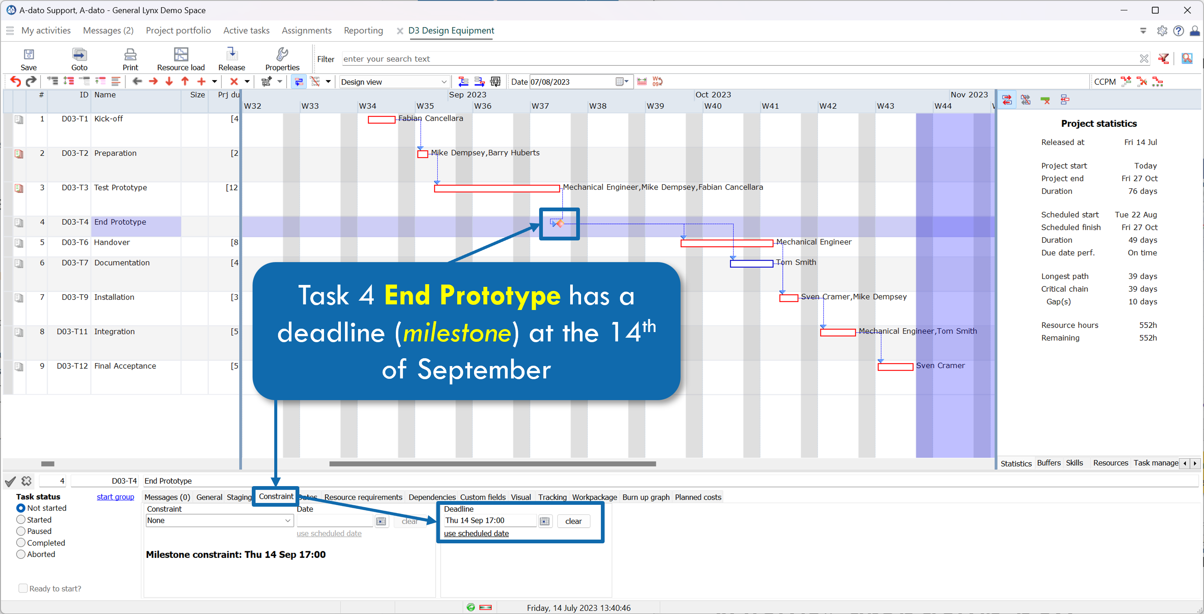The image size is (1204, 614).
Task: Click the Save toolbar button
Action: pos(28,59)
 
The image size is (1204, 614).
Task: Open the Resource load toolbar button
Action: pos(180,59)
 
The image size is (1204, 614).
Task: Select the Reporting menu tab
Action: pos(363,30)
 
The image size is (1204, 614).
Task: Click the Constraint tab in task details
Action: pos(276,496)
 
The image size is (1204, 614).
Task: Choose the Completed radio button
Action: pos(21,543)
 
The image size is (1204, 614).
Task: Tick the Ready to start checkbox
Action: pos(23,588)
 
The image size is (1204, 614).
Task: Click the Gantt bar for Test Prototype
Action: pos(496,188)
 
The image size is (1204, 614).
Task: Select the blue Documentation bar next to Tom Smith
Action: pos(751,264)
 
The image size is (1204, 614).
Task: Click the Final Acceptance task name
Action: pos(125,366)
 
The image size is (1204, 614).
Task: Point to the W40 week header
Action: pos(713,106)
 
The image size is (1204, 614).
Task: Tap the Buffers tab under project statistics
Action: pos(1048,463)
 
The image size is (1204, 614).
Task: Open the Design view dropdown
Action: pos(394,82)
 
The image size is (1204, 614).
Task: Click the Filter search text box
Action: pos(739,59)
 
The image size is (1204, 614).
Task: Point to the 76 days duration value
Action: pos(1142,191)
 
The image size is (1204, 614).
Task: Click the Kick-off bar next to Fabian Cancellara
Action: pos(381,120)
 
